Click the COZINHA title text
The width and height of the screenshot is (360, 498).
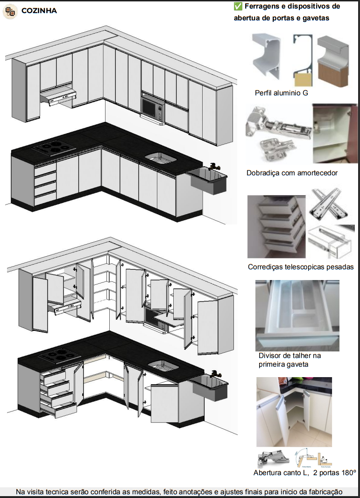(39, 10)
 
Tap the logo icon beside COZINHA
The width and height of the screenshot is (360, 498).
(10, 11)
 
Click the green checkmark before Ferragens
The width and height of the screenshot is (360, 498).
(238, 7)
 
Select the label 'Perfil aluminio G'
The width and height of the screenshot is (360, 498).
(281, 93)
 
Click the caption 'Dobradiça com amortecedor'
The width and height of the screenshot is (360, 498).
(292, 173)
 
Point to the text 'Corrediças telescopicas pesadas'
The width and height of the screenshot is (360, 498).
(301, 267)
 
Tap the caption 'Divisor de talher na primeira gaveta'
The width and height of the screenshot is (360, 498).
(289, 360)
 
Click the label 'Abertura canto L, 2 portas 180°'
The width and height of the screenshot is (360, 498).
(304, 473)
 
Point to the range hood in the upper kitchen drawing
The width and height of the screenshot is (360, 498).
(58, 96)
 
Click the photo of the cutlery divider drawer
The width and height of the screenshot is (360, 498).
(297, 315)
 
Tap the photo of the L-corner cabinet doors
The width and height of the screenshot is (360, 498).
(294, 412)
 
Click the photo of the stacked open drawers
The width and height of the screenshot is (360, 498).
(276, 226)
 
